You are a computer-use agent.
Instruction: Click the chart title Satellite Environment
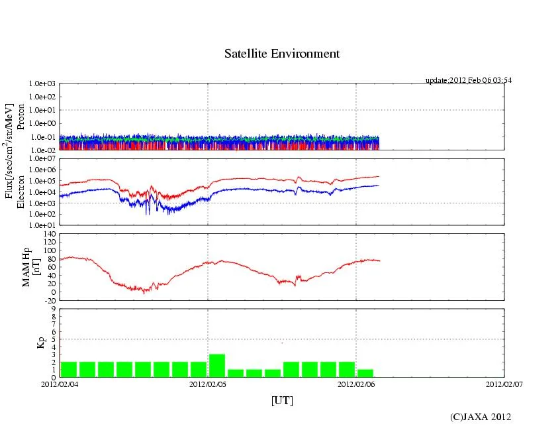(x=282, y=54)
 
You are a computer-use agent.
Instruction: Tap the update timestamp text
(x=468, y=80)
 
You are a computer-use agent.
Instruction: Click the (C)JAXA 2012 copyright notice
(x=481, y=417)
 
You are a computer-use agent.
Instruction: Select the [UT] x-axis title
(x=282, y=400)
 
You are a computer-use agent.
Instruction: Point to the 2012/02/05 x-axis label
(x=208, y=383)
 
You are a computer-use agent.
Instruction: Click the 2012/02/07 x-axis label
(x=504, y=383)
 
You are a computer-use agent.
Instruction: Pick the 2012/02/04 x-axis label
(x=60, y=383)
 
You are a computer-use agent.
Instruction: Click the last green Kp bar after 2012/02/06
(x=365, y=373)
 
